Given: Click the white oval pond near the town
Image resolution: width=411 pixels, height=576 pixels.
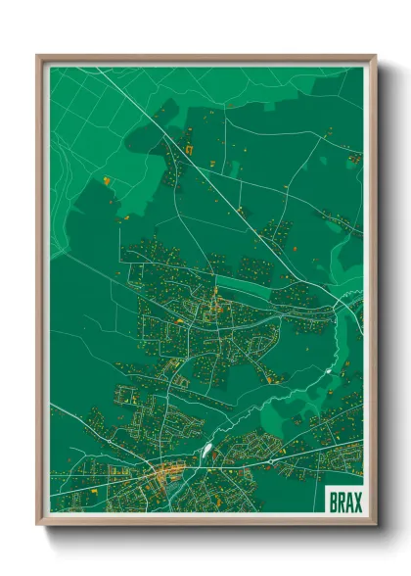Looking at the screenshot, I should (x=206, y=452).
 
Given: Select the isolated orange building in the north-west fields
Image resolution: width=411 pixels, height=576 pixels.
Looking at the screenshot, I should (x=107, y=180).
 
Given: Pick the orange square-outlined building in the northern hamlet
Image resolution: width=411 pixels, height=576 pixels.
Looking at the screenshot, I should (x=189, y=149).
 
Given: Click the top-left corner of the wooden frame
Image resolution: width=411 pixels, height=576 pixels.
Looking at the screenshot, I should (x=38, y=56).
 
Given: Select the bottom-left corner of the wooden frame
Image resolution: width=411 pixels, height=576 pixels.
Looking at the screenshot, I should (x=38, y=523).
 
